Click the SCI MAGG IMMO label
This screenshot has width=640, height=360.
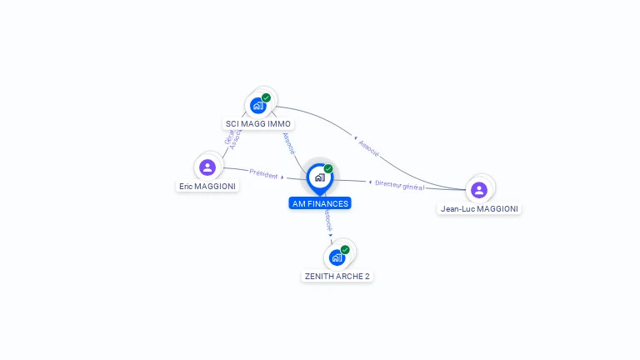click(258, 123)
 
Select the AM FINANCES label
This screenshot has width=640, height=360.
click(320, 203)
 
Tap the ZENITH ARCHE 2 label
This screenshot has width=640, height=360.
click(336, 276)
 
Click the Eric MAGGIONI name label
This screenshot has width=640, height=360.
click(207, 186)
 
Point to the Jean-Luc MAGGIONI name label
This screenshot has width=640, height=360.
click(479, 208)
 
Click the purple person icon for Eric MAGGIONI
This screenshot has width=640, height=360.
click(207, 167)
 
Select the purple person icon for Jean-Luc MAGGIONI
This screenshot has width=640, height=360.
click(479, 190)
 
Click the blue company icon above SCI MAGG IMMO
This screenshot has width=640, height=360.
click(258, 106)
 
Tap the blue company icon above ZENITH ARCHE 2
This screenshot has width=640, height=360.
click(337, 257)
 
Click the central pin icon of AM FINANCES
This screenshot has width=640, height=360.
click(319, 177)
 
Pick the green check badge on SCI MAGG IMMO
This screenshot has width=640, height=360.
click(267, 97)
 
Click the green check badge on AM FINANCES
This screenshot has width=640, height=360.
click(328, 169)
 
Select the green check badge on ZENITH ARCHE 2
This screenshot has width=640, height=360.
click(345, 249)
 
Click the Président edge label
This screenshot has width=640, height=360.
click(262, 174)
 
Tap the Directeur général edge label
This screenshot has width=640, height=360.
click(400, 185)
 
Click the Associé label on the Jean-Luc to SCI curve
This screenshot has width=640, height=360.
click(368, 147)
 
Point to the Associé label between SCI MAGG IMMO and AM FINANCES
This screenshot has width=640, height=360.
click(289, 143)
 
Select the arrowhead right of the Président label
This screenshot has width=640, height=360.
click(282, 177)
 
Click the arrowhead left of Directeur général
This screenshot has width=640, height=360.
click(370, 182)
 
